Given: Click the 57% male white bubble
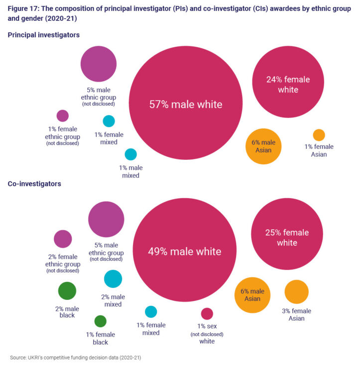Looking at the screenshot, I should coord(186,104).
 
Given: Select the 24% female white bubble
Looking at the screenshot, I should coord(288,82).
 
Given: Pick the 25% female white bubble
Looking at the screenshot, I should coord(287,235).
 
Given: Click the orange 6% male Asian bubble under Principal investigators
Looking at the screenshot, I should coord(263,146).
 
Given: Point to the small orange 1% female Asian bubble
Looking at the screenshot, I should coord(319,135).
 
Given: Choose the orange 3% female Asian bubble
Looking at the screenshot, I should coord(297,292).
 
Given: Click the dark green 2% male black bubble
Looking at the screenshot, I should coord(67,291).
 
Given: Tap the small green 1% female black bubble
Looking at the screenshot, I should coord(100,321).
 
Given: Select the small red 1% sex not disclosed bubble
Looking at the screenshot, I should coord(207,314).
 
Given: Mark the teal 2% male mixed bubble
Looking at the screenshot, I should coord(113,279).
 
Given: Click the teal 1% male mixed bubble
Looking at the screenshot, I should coord(130,154).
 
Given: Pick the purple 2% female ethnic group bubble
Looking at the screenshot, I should coord(63,239).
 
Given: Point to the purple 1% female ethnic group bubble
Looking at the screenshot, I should coord(62,116).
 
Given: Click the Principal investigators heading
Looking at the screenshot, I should coord(44,35).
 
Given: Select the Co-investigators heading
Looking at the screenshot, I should coord(34,184).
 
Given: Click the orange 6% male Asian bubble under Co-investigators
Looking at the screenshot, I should coord(252,295).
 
